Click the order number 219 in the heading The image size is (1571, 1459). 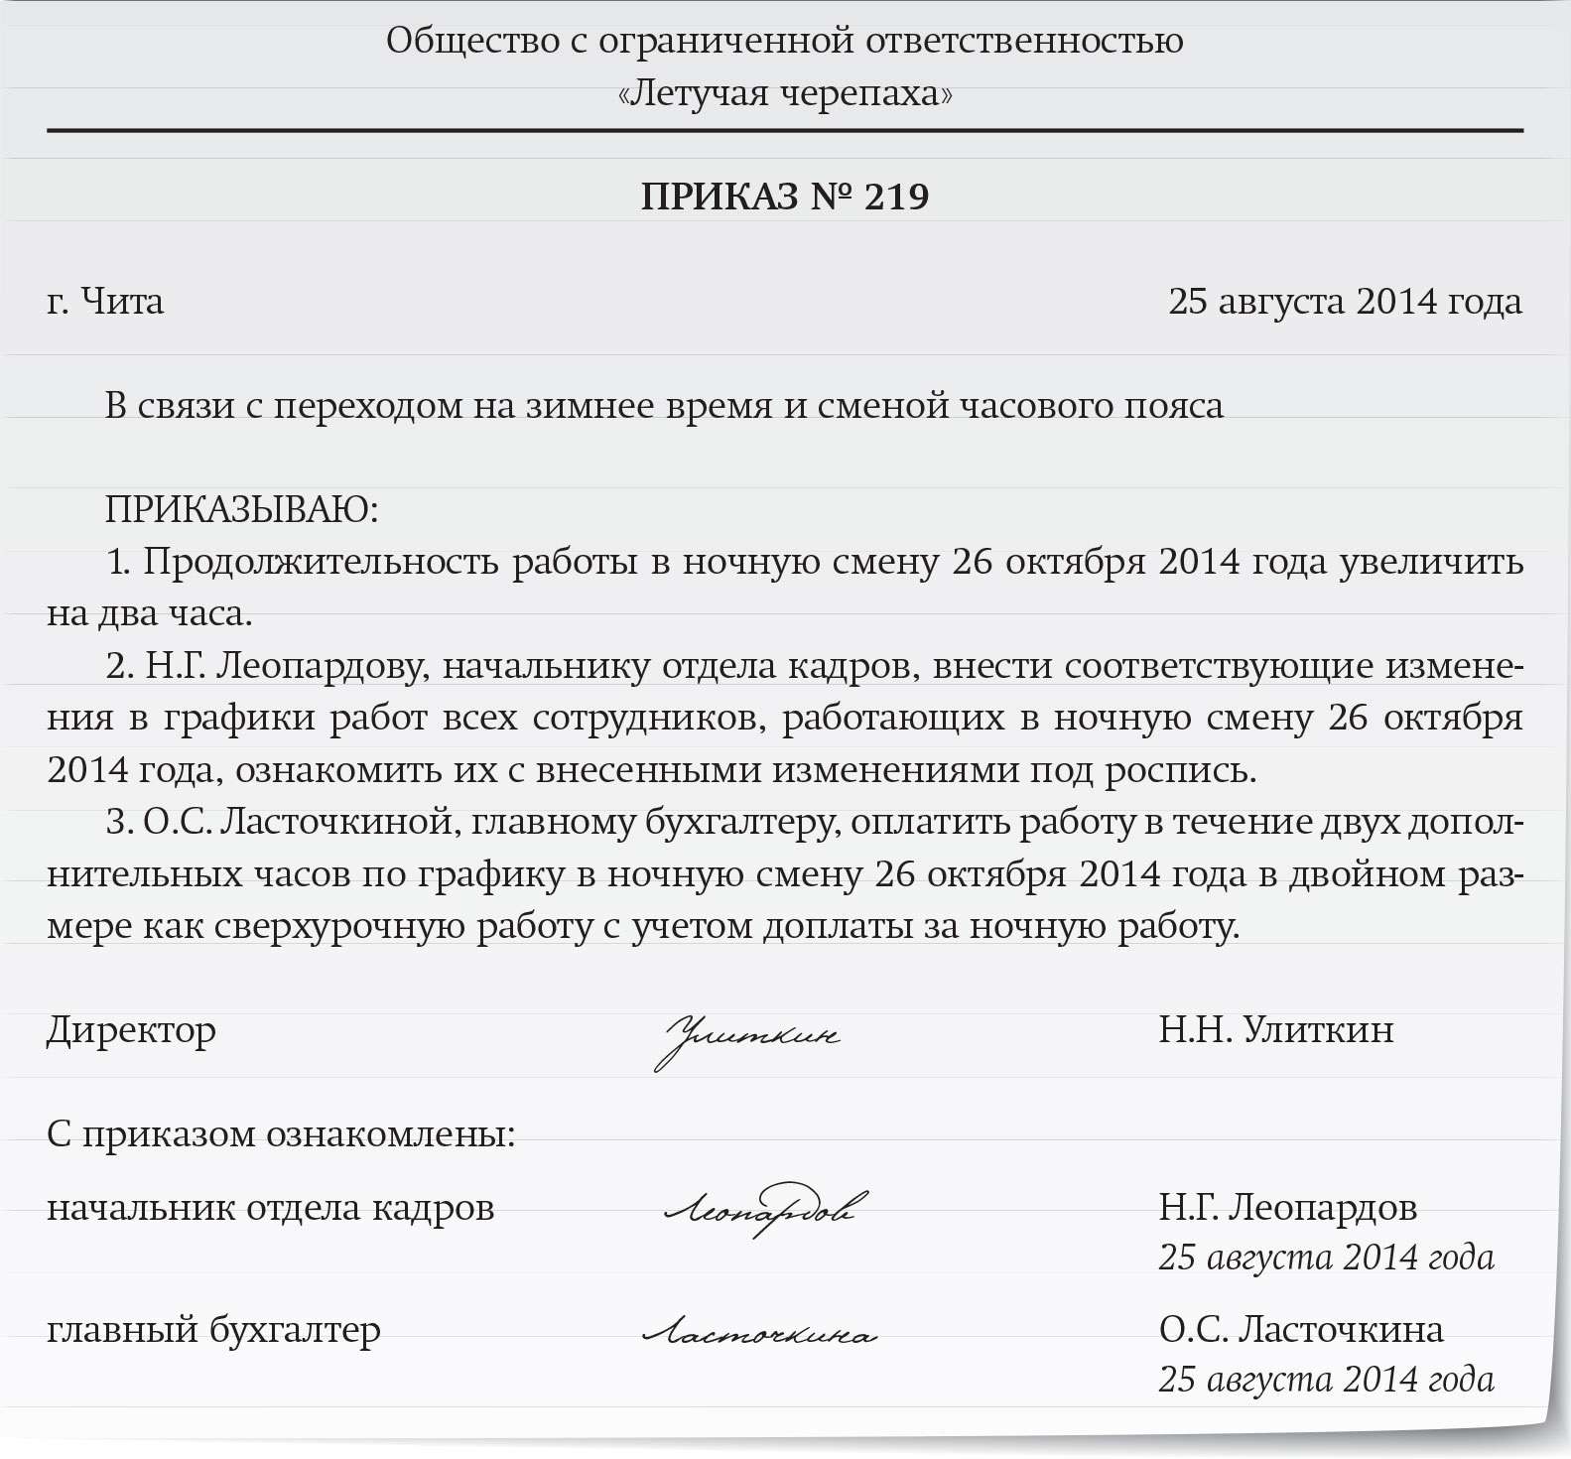pyautogui.click(x=897, y=197)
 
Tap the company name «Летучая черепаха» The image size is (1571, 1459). pyautogui.click(x=784, y=93)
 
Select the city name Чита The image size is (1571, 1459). pyautogui.click(x=121, y=301)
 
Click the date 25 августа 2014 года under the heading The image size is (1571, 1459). pyautogui.click(x=1345, y=301)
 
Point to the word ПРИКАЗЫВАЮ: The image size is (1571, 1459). pyautogui.click(x=242, y=510)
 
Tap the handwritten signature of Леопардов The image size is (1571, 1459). pyautogui.click(x=762, y=1209)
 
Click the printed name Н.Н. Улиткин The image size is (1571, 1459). pyautogui.click(x=1275, y=1029)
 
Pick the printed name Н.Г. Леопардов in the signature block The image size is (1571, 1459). pyautogui.click(x=1287, y=1207)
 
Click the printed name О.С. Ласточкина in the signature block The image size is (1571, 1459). pyautogui.click(x=1300, y=1329)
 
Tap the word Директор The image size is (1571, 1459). pyautogui.click(x=131, y=1030)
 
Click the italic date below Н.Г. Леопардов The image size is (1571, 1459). pyautogui.click(x=1326, y=1258)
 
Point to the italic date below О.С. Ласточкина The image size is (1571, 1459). pyautogui.click(x=1326, y=1380)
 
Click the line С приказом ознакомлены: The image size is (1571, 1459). pyautogui.click(x=281, y=1133)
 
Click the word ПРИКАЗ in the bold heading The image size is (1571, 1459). pyautogui.click(x=720, y=197)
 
